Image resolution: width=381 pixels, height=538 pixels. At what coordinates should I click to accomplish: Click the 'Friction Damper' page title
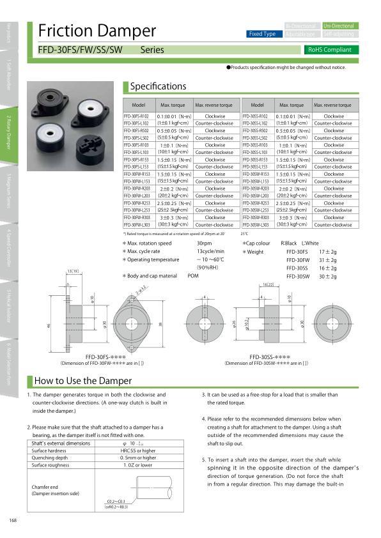97,31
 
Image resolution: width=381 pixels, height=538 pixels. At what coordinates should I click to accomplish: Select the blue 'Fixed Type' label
262,34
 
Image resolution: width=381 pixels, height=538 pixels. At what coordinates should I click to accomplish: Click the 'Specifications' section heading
158,86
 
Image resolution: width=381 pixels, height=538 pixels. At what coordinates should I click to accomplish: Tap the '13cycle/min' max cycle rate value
209,252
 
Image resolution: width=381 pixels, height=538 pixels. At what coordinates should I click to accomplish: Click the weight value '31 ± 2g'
327,260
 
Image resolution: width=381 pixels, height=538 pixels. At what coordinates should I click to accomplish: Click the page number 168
13,519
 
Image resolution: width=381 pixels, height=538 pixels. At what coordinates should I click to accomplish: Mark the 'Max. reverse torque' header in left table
214,104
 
